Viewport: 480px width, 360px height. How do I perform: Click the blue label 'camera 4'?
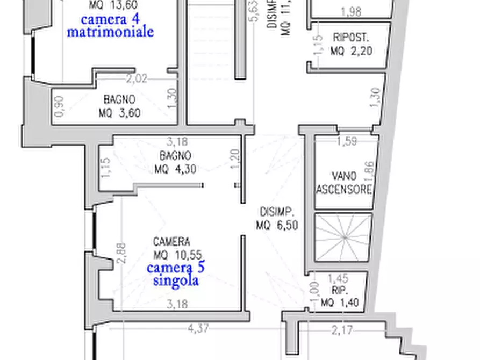110,20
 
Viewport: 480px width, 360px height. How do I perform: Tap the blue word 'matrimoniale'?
110,32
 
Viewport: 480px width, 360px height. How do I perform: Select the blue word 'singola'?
176,280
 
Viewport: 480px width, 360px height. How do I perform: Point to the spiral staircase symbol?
343,237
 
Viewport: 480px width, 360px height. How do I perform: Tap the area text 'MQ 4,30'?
175,169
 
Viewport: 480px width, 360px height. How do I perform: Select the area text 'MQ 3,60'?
119,113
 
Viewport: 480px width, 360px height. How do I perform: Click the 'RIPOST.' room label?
350,38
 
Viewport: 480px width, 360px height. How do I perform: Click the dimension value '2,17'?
342,330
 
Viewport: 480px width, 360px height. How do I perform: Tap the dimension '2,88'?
121,253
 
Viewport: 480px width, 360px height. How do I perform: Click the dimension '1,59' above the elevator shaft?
347,142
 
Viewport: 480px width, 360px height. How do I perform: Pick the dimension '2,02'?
137,79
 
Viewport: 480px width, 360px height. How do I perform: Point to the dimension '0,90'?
60,106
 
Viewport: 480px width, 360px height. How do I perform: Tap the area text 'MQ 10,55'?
177,255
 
